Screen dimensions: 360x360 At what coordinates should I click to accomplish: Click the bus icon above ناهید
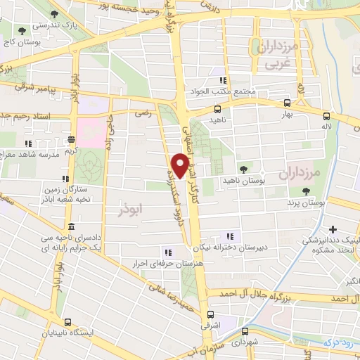[217, 110]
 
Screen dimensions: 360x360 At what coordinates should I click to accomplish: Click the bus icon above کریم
[70, 140]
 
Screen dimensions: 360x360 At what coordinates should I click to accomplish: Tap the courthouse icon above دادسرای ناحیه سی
[71, 226]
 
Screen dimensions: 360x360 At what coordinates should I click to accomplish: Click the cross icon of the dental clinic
[332, 229]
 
